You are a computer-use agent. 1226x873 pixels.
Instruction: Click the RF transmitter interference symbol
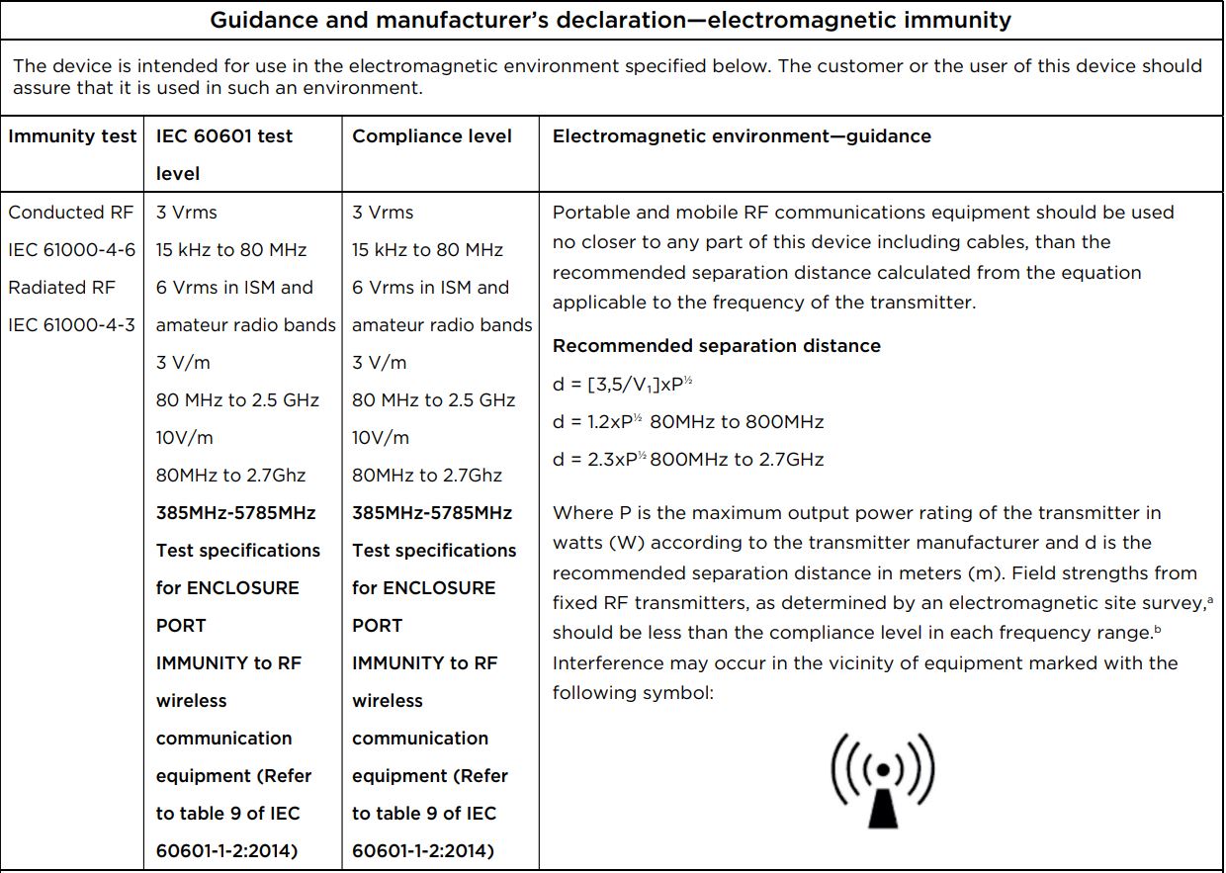[881, 779]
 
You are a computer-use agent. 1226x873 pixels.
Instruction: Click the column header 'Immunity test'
[72, 136]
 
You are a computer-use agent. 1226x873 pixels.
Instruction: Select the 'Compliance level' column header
[432, 136]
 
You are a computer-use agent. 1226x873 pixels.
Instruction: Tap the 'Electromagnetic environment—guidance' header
[742, 136]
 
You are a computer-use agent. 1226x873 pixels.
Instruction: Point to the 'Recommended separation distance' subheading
[716, 346]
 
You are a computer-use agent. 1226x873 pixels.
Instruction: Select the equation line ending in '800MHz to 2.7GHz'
[687, 459]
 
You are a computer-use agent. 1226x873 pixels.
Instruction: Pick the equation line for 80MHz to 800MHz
[687, 422]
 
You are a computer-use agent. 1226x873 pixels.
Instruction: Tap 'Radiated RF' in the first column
[62, 288]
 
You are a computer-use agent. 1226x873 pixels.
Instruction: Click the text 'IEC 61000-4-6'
[72, 250]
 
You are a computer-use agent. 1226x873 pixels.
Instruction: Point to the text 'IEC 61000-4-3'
[72, 325]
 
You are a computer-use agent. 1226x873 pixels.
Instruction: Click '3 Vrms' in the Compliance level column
[383, 213]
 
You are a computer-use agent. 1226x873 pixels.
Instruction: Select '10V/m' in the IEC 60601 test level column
[185, 438]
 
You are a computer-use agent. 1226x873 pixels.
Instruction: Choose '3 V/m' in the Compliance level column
[379, 363]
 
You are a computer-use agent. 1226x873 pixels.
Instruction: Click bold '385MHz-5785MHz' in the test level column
[235, 513]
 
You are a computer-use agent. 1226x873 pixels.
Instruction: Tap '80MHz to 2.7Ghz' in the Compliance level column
[427, 476]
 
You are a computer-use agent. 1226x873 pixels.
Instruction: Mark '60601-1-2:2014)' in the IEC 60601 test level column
[226, 851]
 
